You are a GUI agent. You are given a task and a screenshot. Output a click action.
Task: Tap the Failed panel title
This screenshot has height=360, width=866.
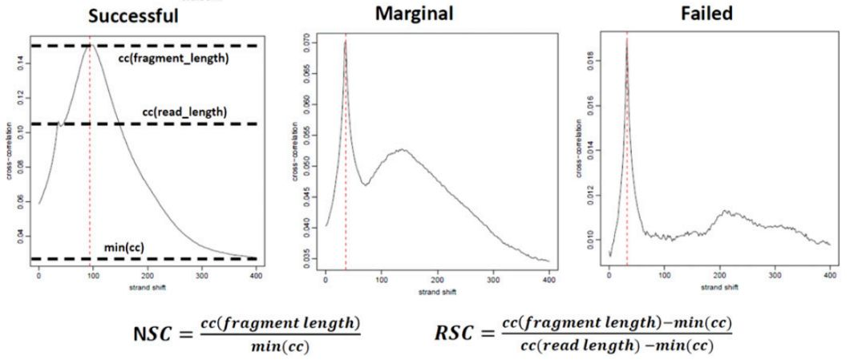point(706,13)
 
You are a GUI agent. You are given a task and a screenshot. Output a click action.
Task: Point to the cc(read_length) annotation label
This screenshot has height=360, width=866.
point(184,111)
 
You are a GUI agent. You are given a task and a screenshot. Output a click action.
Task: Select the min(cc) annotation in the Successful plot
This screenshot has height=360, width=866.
point(124,247)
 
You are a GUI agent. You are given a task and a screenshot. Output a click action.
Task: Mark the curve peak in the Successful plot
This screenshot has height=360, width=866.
point(90,45)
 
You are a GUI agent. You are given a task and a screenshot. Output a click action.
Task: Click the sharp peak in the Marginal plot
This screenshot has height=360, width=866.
point(346,41)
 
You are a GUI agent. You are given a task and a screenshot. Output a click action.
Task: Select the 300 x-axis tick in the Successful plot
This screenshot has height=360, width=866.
point(201,275)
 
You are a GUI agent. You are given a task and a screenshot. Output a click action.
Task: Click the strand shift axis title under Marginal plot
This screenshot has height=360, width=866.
point(437,292)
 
